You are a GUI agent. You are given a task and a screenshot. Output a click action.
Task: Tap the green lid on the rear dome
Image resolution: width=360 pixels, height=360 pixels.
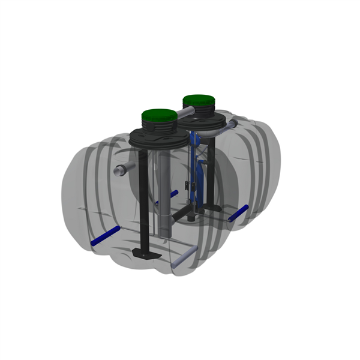coord(200,100)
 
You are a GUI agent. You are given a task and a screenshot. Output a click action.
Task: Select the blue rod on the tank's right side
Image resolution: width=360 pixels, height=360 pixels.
coord(238,213)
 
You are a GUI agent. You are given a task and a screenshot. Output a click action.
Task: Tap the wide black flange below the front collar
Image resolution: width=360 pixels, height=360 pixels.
coord(158,142)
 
